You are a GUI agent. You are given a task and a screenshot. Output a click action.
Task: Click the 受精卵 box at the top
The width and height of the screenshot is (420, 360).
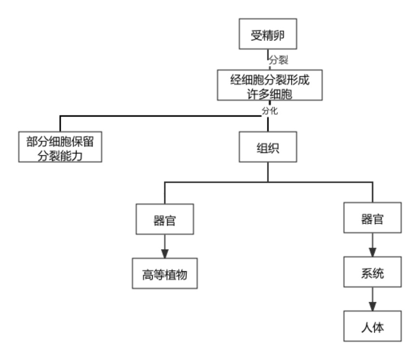pos(268,34)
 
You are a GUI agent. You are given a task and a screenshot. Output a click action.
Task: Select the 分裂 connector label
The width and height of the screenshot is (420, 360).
pos(278,60)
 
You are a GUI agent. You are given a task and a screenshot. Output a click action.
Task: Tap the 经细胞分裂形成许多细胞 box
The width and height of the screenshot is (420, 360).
pos(270,85)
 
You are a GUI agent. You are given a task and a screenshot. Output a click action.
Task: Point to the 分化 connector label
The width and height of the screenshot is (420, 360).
pos(270,111)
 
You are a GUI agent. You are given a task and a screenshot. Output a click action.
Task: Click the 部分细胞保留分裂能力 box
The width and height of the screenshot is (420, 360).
pos(60,147)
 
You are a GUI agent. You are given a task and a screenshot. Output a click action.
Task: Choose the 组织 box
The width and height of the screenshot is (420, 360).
pos(268,147)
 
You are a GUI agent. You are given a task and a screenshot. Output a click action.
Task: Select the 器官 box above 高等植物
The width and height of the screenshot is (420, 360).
pos(165,219)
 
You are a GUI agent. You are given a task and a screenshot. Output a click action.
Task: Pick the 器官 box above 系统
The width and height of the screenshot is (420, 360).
pos(373,218)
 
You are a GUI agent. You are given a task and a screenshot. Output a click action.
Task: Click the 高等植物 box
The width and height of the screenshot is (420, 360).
pos(165,273)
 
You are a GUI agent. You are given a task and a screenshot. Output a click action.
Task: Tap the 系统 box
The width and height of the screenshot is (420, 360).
pos(373,272)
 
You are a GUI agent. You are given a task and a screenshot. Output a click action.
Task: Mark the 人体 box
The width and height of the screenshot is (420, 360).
pos(373,326)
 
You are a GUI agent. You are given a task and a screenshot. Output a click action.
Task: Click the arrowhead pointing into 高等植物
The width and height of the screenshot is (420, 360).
pos(165,253)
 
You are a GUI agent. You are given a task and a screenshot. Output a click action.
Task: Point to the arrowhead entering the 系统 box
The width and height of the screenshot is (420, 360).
pos(373,252)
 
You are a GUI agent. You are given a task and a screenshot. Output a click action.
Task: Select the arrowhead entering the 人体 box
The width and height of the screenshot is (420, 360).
pos(373,307)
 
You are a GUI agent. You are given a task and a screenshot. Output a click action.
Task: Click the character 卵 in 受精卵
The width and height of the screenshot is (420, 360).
pos(279,35)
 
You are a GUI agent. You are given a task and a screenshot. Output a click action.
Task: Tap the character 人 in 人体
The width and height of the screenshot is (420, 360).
pos(367,328)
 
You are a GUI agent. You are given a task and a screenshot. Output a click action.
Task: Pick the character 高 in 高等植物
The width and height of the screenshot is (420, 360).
pos(147,275)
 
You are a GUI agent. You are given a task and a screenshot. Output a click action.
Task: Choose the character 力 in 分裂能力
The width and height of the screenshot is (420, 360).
pos(77,156)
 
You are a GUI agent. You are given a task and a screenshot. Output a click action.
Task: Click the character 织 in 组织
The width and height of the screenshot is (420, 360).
pos(274,148)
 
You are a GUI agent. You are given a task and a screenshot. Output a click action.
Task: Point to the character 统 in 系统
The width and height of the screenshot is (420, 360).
pos(378,273)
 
